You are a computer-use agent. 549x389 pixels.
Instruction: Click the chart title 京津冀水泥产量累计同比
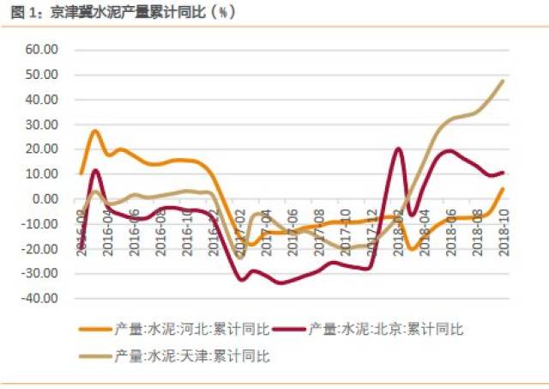point(129,13)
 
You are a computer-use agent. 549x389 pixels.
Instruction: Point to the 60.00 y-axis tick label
point(41,50)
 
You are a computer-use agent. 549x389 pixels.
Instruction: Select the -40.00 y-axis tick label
point(39,299)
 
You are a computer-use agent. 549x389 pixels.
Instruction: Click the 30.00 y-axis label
point(41,125)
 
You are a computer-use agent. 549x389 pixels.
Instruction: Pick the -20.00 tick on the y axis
point(39,249)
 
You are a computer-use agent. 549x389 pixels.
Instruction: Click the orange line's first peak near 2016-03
point(94,131)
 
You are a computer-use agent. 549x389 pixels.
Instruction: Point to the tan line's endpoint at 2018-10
point(503,81)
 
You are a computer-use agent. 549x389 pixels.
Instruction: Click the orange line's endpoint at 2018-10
point(503,189)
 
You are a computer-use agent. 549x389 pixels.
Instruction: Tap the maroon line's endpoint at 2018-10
point(503,173)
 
